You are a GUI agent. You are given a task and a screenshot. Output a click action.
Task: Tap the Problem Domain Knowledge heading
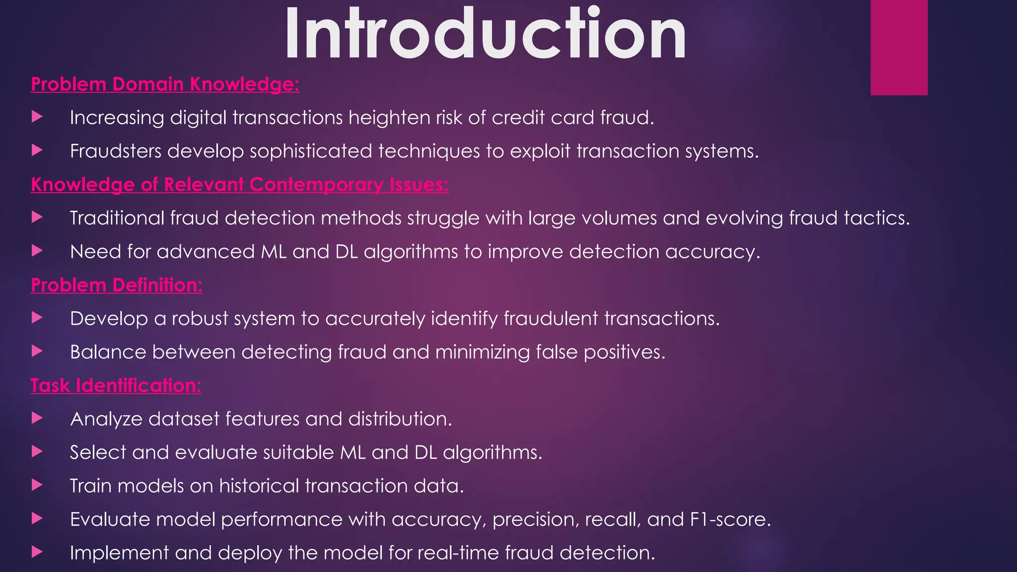click(165, 84)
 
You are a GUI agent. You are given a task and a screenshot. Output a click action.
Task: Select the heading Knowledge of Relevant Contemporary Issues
click(239, 185)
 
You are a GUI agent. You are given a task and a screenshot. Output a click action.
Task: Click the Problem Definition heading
click(116, 285)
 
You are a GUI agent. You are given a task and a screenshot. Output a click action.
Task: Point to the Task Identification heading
click(116, 385)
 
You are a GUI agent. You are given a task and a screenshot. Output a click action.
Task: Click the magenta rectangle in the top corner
click(899, 47)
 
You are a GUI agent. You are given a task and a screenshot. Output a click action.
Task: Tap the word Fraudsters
click(115, 151)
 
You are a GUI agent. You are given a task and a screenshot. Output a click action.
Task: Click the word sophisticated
click(311, 151)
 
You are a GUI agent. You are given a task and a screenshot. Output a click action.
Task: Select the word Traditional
click(117, 218)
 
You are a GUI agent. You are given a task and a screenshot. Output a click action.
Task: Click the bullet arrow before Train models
click(37, 485)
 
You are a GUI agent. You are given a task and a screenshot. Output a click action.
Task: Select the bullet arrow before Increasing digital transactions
click(37, 117)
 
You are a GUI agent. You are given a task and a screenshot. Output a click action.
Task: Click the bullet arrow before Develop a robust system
click(37, 318)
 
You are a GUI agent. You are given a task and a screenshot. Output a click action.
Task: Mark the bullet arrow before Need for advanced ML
click(37, 251)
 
